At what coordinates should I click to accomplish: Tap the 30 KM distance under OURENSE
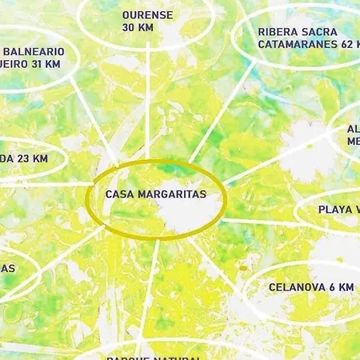click(x=138, y=27)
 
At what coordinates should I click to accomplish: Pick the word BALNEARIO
click(x=32, y=50)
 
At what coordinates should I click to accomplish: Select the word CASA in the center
click(x=120, y=194)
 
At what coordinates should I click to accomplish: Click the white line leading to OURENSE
click(x=149, y=104)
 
